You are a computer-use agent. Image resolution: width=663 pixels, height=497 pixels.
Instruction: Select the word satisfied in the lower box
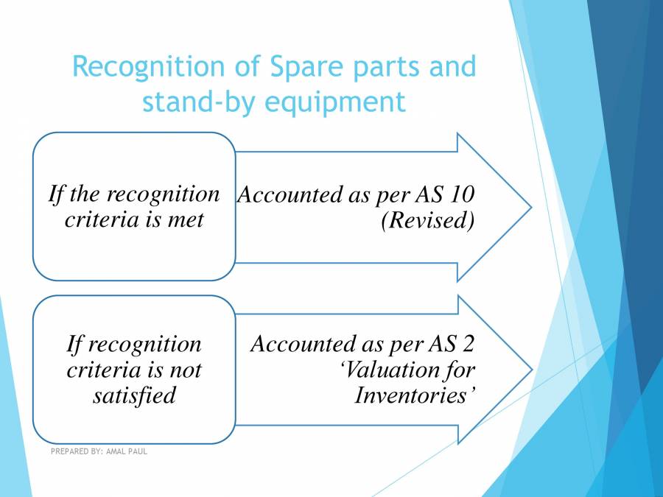pos(134,395)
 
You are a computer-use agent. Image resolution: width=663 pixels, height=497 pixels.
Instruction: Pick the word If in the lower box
pos(75,344)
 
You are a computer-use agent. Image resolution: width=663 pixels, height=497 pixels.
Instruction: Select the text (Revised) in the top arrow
pos(427,220)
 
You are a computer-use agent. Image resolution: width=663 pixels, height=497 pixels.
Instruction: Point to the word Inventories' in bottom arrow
pos(413,395)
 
